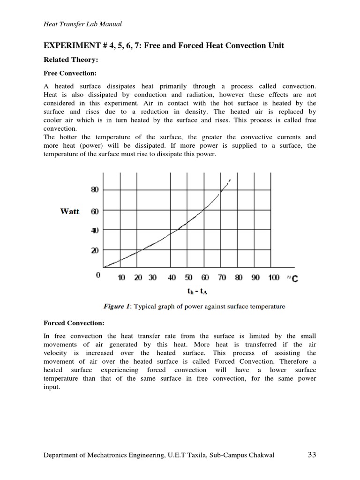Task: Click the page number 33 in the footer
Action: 313,455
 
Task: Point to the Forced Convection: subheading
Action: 74,323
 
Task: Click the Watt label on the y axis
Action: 70,211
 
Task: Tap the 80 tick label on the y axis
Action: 95,190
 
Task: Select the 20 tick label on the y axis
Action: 95,251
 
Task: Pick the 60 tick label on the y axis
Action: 95,211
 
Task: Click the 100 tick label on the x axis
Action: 274,277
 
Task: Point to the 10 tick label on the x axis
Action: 121,277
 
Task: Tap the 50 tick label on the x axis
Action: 188,277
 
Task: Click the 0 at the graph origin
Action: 98,276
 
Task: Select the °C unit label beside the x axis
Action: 292,278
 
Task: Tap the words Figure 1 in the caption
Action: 117,307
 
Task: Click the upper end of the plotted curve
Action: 229,180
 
